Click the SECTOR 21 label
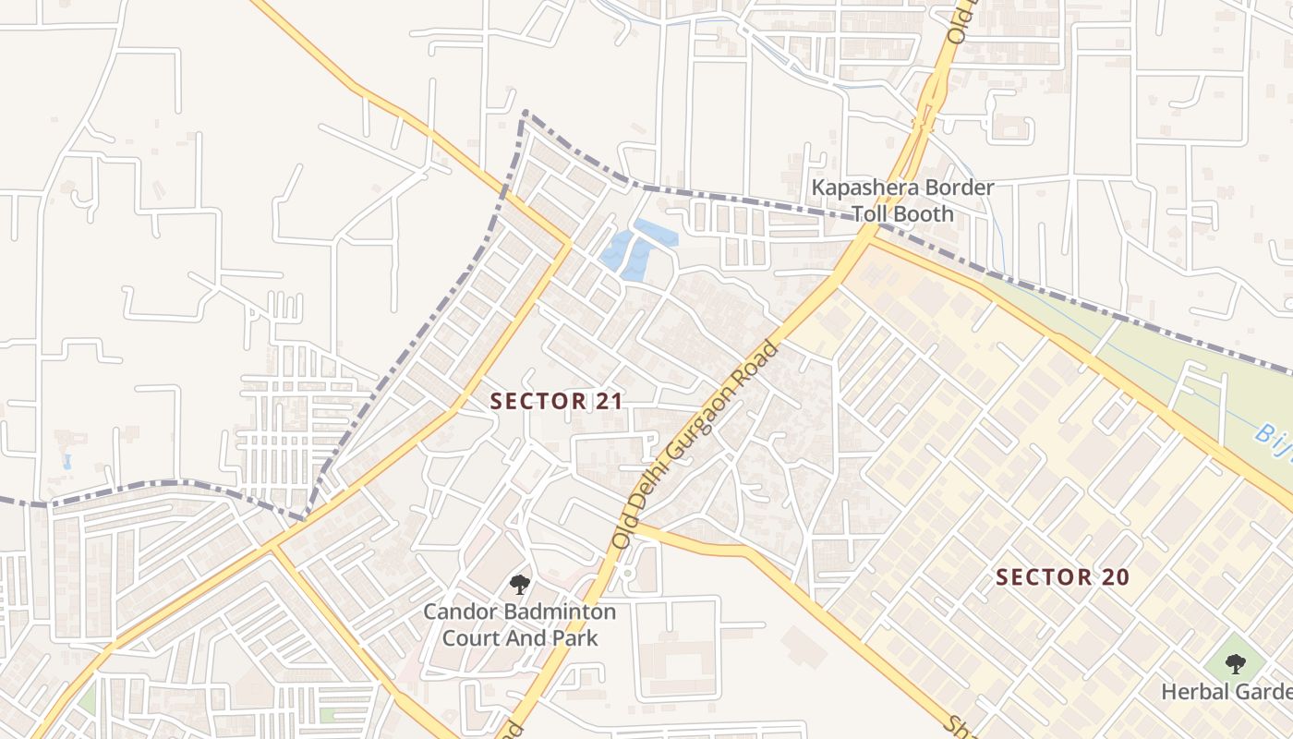tap(557, 401)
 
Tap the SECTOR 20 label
tap(1062, 577)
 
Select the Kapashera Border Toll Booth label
tap(902, 200)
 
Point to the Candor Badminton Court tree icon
tap(520, 584)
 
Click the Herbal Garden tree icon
tap(1235, 663)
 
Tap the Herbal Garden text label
tap(1227, 691)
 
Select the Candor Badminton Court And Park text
tap(520, 624)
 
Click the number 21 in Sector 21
tap(610, 401)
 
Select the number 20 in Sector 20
tap(1115, 577)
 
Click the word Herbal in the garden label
tap(1192, 691)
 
